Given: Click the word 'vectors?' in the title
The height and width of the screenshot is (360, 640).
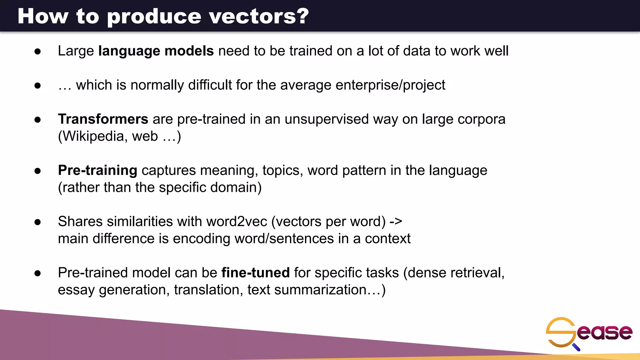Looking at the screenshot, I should tap(259, 16).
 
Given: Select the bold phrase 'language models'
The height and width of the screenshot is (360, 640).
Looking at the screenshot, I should tap(156, 51).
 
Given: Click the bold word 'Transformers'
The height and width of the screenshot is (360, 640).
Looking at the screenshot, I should tap(103, 119).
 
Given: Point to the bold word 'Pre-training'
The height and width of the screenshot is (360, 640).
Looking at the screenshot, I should tap(97, 170).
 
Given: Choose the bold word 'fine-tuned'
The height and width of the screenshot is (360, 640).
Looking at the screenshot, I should tap(255, 272).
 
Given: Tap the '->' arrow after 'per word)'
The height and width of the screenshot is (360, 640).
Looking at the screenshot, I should tap(396, 222).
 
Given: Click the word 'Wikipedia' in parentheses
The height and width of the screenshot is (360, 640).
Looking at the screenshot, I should tap(93, 136).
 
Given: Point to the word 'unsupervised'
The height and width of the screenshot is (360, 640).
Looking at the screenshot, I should tap(327, 119).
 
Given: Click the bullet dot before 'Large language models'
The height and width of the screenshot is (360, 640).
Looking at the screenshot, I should tap(38, 52).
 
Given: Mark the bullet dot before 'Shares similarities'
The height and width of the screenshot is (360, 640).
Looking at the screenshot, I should tap(38, 222).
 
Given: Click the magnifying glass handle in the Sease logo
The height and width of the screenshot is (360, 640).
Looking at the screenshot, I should tap(576, 347).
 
